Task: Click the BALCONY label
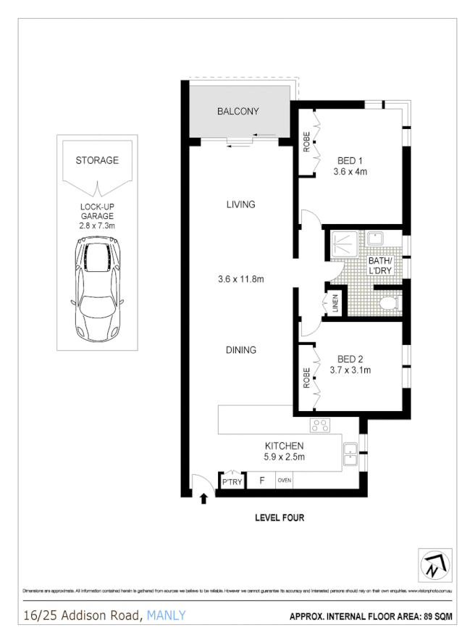pyautogui.click(x=238, y=112)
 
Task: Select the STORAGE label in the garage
pyautogui.click(x=97, y=160)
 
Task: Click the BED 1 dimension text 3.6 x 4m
pyautogui.click(x=350, y=172)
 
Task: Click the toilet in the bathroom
pyautogui.click(x=387, y=303)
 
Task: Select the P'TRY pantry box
pyautogui.click(x=231, y=482)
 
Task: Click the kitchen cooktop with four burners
pyautogui.click(x=320, y=426)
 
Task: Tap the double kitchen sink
pyautogui.click(x=350, y=453)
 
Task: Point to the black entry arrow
pyautogui.click(x=203, y=498)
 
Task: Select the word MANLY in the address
pyautogui.click(x=166, y=615)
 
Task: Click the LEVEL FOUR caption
pyautogui.click(x=279, y=518)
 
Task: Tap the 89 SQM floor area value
pyautogui.click(x=434, y=616)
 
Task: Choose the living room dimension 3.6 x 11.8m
pyautogui.click(x=240, y=279)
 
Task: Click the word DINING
pyautogui.click(x=240, y=350)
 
